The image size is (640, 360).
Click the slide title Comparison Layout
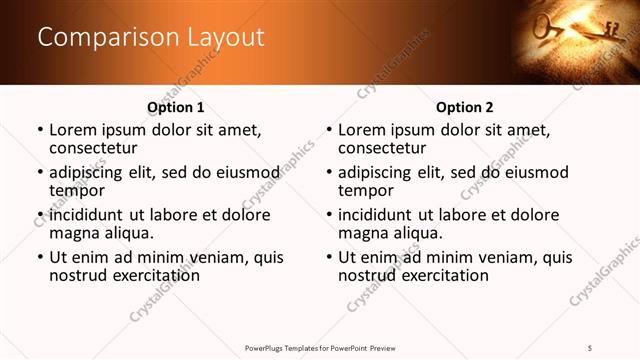tap(151, 38)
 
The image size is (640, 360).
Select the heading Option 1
tap(176, 107)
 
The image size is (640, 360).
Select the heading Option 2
tap(465, 107)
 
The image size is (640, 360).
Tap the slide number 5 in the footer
tap(591, 346)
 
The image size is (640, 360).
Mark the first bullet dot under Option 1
tap(40, 130)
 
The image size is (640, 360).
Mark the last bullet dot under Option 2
tap(329, 258)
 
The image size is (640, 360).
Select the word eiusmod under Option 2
tap(533, 172)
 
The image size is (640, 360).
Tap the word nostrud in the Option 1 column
tap(74, 275)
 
